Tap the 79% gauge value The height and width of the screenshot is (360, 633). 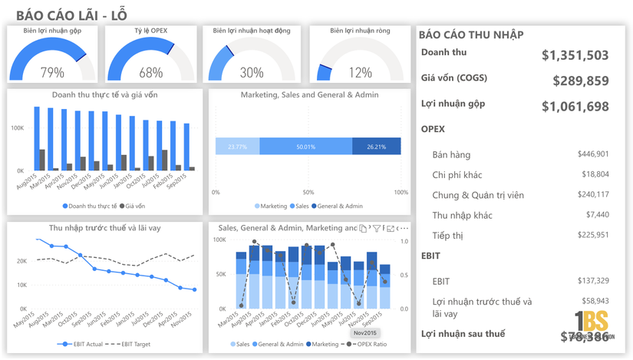tap(52, 73)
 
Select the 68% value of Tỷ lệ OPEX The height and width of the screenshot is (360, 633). tap(151, 73)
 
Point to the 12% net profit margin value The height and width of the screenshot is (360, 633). tap(360, 73)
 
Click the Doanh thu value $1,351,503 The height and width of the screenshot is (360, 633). tap(575, 55)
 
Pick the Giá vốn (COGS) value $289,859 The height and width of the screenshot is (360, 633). tap(581, 81)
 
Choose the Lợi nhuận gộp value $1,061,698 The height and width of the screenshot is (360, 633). tap(575, 107)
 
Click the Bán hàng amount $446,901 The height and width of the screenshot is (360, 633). tap(593, 154)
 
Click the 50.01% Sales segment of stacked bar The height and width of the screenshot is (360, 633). tap(305, 147)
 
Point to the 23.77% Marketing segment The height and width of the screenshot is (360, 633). tap(237, 147)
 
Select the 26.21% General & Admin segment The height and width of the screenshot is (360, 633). tap(376, 147)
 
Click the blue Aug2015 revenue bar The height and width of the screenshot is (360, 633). tap(37, 138)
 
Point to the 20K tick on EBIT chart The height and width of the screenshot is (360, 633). tap(22, 261)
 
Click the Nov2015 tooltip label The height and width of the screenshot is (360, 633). tap(364, 333)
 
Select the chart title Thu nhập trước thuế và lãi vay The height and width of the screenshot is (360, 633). tap(105, 228)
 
